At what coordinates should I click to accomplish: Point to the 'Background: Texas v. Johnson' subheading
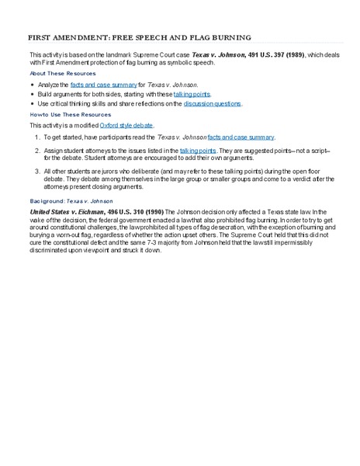pyautogui.click(x=71, y=200)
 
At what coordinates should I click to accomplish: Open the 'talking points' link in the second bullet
pyautogui.click(x=192, y=93)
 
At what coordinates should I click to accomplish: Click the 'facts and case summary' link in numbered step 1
pyautogui.click(x=241, y=137)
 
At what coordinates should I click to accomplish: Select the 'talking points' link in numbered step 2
pyautogui.click(x=198, y=148)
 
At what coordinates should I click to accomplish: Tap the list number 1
pyautogui.click(x=36, y=137)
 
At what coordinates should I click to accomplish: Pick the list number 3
pyautogui.click(x=36, y=170)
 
